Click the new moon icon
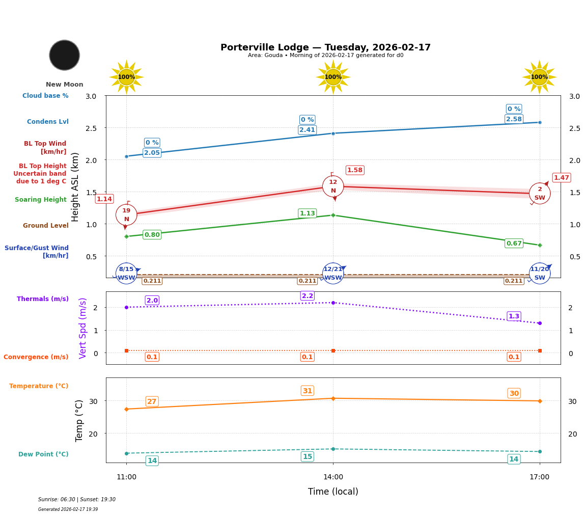coord(65,55)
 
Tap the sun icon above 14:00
coord(333,77)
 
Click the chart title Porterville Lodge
coord(325,47)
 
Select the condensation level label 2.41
coord(307,130)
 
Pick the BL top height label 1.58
coord(354,170)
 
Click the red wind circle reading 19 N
coord(126,214)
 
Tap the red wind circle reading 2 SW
coord(540,193)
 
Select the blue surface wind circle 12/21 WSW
coord(333,274)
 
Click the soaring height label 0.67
coord(514,243)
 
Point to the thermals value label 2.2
coord(308,296)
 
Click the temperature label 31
coord(308,391)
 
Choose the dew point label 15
coord(308,456)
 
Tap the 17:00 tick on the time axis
coord(540,477)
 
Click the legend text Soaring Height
coord(41,200)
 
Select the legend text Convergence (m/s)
coord(36,357)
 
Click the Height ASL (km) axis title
coord(75,187)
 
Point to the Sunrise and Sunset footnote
coord(77,500)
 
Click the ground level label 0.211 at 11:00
coord(152,281)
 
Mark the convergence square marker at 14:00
coord(333,350)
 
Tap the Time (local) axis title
coord(333,492)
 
